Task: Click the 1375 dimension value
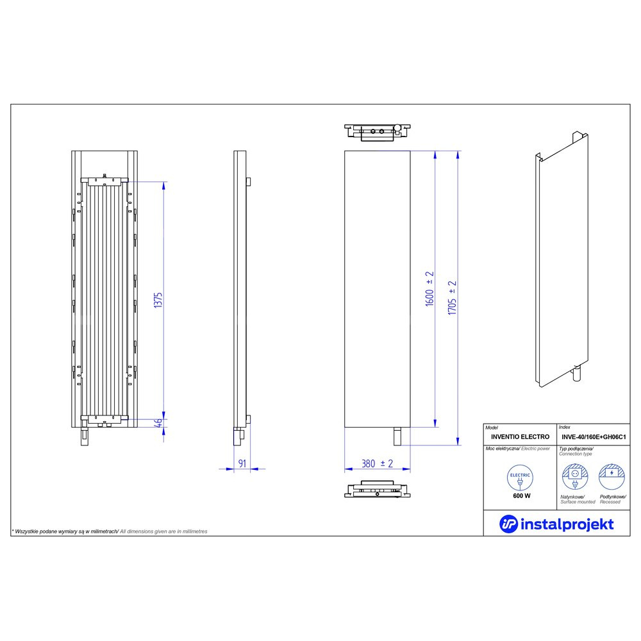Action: point(158,300)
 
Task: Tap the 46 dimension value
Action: point(159,422)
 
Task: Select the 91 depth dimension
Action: point(242,463)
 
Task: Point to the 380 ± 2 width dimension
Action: point(377,463)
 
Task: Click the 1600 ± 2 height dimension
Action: point(429,288)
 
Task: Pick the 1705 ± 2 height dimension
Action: point(452,297)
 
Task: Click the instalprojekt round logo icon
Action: point(508,524)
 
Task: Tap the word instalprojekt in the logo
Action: point(567,524)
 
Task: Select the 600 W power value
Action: point(522,496)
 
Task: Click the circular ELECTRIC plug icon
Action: point(520,478)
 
